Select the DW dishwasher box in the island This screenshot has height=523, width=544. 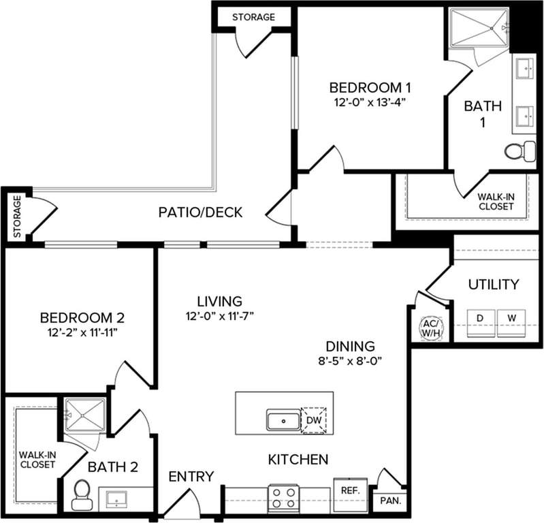tap(314, 420)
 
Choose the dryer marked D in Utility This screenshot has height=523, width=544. tap(480, 317)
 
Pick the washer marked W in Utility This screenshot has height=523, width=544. tap(512, 317)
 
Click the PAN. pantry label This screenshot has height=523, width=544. tap(391, 501)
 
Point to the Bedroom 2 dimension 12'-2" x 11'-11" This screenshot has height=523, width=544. tap(82, 332)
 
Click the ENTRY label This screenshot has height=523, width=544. tap(192, 476)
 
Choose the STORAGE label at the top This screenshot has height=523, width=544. tap(253, 16)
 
